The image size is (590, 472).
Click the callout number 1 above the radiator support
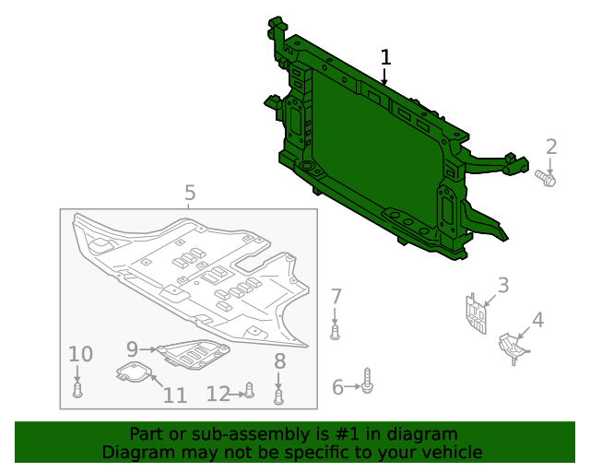tap(385, 57)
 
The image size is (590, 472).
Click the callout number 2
tap(551, 147)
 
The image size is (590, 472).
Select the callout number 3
tap(503, 285)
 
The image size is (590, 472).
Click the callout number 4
tap(537, 321)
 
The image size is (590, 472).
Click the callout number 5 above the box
tap(189, 193)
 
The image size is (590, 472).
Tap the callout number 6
tap(337, 387)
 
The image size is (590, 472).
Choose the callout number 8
tap(279, 362)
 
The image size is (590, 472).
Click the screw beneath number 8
tap(279, 396)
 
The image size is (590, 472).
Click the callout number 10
tap(80, 354)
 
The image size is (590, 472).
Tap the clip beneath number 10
tap(78, 391)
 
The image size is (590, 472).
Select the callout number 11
tap(175, 395)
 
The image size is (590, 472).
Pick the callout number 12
tap(218, 395)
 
